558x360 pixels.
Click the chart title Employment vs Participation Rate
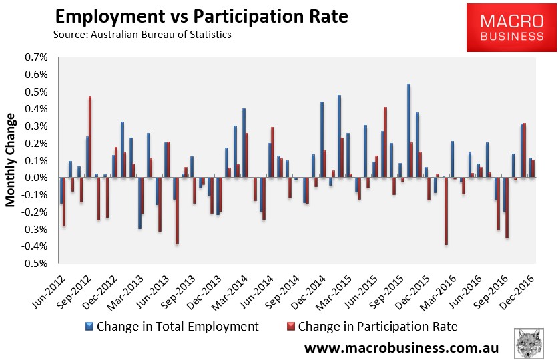tap(201, 16)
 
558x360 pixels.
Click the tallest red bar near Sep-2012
tap(90, 137)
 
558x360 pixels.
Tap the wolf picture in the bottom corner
tap(532, 343)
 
